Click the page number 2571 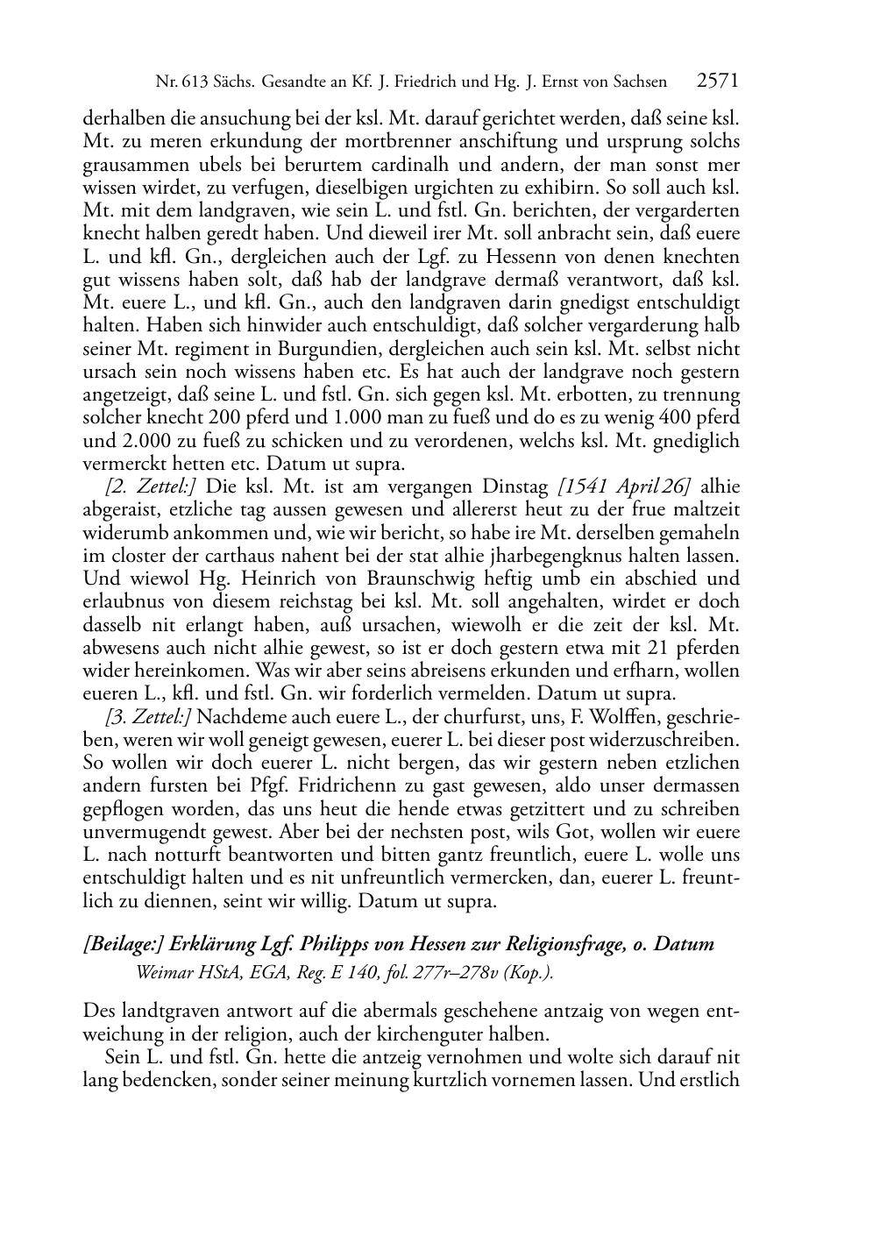718,82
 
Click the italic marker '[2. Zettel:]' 148,487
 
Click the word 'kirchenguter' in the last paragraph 444,1033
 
